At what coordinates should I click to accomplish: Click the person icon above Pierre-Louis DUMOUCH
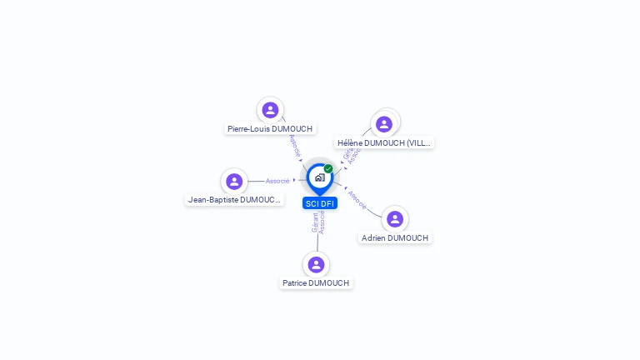(270, 110)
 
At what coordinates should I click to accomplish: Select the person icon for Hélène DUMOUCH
(384, 124)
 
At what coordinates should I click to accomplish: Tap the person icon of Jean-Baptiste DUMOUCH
(234, 181)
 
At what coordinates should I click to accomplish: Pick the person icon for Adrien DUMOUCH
(395, 219)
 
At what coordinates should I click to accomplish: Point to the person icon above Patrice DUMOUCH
(316, 265)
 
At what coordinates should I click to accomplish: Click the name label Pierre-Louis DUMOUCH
(270, 129)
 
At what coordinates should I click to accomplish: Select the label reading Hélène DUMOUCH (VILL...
(384, 143)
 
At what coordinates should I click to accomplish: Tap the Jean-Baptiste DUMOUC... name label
(235, 200)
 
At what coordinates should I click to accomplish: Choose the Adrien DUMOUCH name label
(395, 238)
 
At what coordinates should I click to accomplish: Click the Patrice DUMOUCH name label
(316, 283)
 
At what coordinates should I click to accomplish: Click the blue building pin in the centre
(319, 177)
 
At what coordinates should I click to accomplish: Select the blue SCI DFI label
(320, 203)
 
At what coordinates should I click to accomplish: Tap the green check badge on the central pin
(328, 168)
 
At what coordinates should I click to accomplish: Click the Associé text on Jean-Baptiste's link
(277, 181)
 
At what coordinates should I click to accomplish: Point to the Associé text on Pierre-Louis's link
(294, 146)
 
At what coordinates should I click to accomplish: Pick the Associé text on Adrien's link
(357, 199)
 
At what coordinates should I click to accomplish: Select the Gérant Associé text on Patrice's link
(318, 222)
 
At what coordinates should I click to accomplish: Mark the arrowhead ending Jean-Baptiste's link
(294, 180)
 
